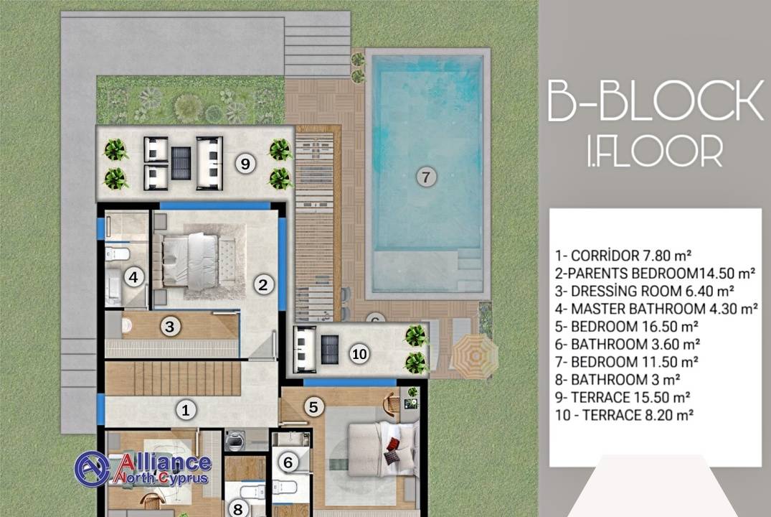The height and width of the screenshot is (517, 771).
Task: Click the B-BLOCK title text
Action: tap(656, 101)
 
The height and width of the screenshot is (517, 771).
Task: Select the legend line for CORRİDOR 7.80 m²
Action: tap(623, 256)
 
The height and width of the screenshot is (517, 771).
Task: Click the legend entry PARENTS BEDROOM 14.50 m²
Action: tap(656, 274)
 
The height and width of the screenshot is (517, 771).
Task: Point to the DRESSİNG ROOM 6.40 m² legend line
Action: tap(645, 291)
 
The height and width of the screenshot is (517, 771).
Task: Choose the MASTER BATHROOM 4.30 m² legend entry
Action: tap(656, 309)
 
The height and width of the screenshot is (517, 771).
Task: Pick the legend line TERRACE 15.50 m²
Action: tap(623, 397)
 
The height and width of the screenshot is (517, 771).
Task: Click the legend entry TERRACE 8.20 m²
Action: tap(625, 415)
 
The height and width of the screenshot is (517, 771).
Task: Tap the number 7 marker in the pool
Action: tap(426, 177)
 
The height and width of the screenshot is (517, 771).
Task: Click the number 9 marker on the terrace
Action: tap(245, 163)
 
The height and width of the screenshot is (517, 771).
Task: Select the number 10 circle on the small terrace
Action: tap(359, 353)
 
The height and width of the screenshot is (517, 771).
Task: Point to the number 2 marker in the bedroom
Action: tap(263, 284)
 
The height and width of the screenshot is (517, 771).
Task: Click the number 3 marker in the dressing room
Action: tap(170, 326)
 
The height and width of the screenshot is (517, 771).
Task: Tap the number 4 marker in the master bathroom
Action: tap(133, 277)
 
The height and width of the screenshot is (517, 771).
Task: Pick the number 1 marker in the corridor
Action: tap(185, 410)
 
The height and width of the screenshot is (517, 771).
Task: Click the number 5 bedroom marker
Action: tap(313, 406)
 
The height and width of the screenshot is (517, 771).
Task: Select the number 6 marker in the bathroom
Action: tap(288, 462)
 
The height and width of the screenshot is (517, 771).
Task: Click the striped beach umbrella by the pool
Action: tap(475, 355)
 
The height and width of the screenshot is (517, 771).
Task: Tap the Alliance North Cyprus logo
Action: tap(143, 467)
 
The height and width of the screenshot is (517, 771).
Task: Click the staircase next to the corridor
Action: tap(173, 378)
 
